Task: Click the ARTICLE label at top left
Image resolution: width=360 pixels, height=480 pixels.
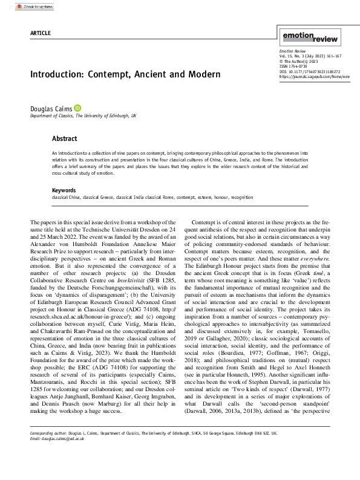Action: (x=39, y=32)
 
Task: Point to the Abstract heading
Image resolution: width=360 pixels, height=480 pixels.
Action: (x=65, y=138)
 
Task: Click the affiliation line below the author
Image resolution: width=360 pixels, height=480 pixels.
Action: (x=74, y=115)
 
